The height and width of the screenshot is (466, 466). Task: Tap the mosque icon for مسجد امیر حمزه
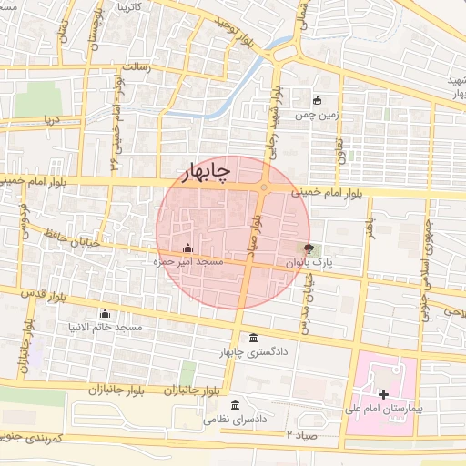tap(187, 248)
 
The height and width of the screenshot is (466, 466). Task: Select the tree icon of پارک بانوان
tap(308, 248)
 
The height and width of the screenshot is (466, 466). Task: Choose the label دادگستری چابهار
tap(254, 352)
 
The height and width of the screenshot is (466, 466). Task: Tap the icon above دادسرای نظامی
tap(236, 405)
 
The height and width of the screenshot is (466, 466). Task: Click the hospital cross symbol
tap(383, 394)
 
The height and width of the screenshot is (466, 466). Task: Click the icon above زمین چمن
tap(317, 101)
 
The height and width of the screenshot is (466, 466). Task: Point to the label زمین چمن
tap(317, 116)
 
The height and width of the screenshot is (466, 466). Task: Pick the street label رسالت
tap(141, 67)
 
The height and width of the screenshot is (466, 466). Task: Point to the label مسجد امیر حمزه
tap(187, 262)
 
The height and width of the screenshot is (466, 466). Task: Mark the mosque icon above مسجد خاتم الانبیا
tap(104, 312)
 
